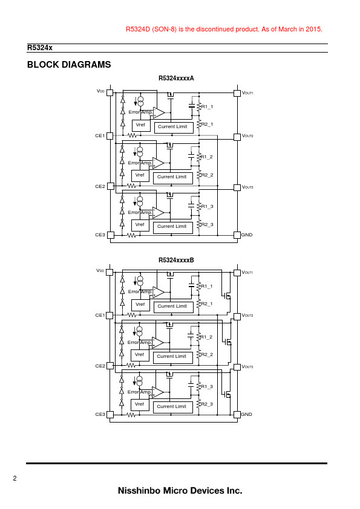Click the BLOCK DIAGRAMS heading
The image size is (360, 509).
[x=69, y=65]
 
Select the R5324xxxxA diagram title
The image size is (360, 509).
[x=176, y=78]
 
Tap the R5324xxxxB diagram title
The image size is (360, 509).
[x=176, y=260]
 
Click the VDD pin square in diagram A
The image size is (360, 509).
[x=110, y=93]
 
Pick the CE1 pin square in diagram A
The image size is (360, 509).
[x=110, y=135]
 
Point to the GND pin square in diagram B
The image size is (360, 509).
[x=237, y=415]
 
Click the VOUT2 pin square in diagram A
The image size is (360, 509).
[x=237, y=137]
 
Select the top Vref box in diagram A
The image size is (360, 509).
[x=141, y=125]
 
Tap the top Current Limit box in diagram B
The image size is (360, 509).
[x=174, y=306]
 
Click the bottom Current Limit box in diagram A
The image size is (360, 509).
[x=173, y=227]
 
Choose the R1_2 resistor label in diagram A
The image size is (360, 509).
[x=207, y=157]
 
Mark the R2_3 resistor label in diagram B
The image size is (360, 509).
[x=207, y=404]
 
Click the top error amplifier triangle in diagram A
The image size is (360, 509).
[x=159, y=112]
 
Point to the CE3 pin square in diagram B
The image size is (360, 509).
[x=110, y=415]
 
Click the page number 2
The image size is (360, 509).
[x=15, y=478]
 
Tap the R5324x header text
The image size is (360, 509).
[x=40, y=48]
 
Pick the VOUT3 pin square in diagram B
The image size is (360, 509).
[x=237, y=367]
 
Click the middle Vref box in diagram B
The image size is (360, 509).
[x=140, y=355]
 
